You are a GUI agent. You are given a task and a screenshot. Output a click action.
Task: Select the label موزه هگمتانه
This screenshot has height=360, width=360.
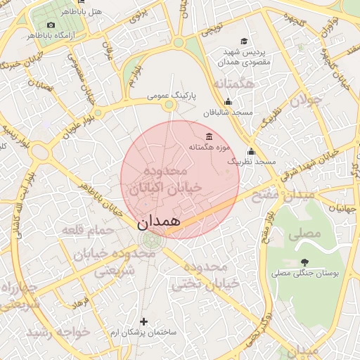point(210,148)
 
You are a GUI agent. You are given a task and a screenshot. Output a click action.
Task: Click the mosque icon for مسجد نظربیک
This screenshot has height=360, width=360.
point(251,151)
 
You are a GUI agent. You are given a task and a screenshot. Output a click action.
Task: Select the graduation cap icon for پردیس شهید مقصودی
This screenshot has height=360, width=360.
point(244,41)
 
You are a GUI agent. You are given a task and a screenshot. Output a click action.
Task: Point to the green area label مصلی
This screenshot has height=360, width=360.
point(304,232)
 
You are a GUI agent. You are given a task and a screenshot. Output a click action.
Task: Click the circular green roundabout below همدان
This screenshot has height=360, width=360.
point(150,240)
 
